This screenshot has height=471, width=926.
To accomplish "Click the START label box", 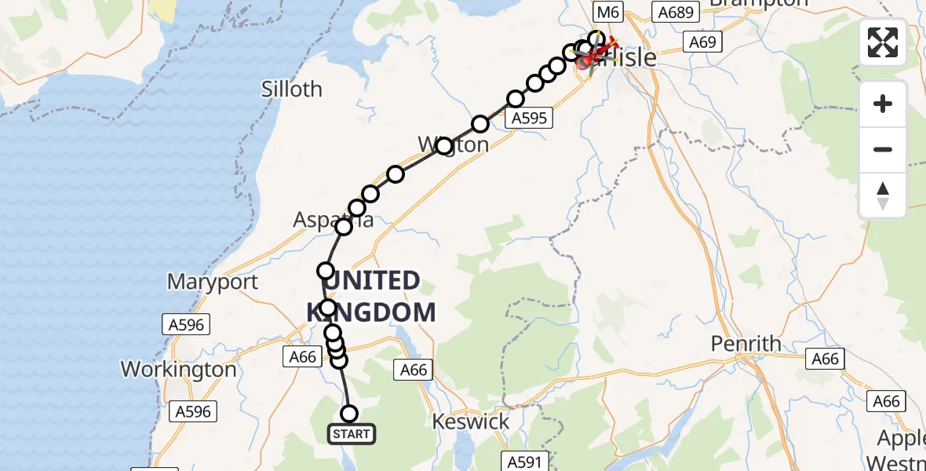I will point(351,434).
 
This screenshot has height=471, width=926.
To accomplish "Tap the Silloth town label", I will point(292,89).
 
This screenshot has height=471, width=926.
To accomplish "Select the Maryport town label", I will point(212,282).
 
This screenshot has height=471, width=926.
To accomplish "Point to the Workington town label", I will point(178,369).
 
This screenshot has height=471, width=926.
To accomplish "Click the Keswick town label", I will point(471,422).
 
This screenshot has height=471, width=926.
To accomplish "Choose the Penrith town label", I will point(746,344).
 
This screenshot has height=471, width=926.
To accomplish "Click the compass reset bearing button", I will point(883,195).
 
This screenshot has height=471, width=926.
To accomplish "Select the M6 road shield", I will point(609,12).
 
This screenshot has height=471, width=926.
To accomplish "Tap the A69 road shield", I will point(702,42).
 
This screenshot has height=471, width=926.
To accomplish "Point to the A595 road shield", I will point(530,118).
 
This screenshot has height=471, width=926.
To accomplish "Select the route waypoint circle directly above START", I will point(349,414).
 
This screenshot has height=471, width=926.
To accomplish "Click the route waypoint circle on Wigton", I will point(444,146).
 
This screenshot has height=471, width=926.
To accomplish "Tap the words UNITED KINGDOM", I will point(371,296).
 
